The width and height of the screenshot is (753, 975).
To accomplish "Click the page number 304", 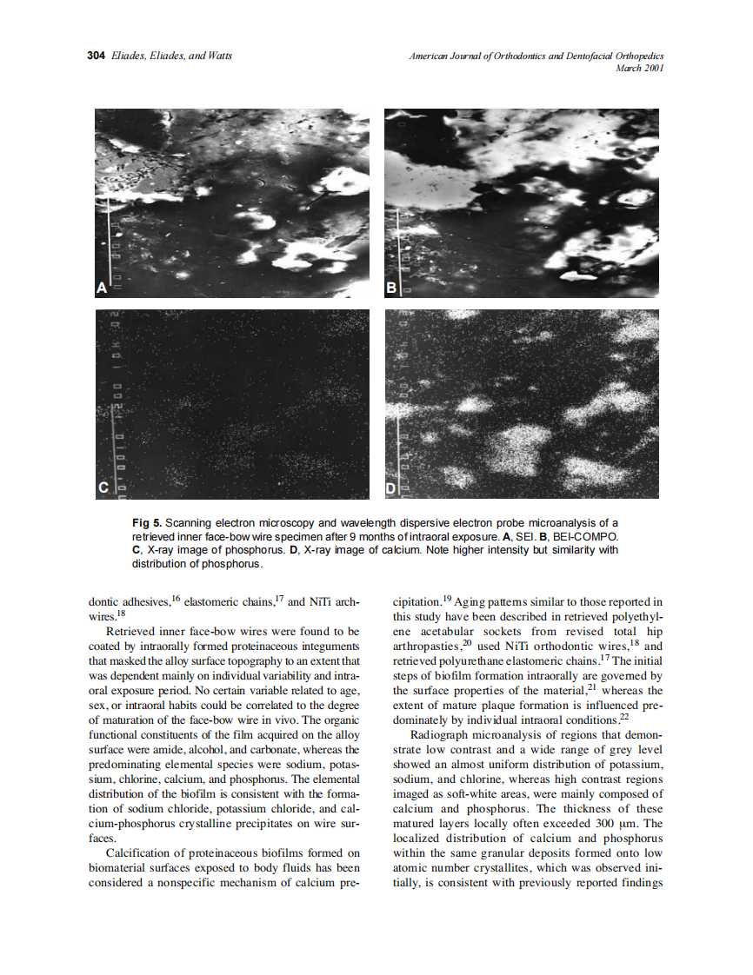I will pos(96,56).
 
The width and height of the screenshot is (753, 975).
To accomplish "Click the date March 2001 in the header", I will pos(639,68).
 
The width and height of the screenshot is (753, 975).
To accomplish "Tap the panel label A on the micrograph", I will pos(101,287).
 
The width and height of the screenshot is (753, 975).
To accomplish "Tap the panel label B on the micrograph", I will pos(391,287).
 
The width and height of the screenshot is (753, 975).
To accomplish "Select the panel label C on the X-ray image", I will pos(103,489).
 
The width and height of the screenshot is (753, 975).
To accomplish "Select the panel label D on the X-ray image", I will pos(391,489).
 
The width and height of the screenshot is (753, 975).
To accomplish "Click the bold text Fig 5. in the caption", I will pos(146,523).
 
